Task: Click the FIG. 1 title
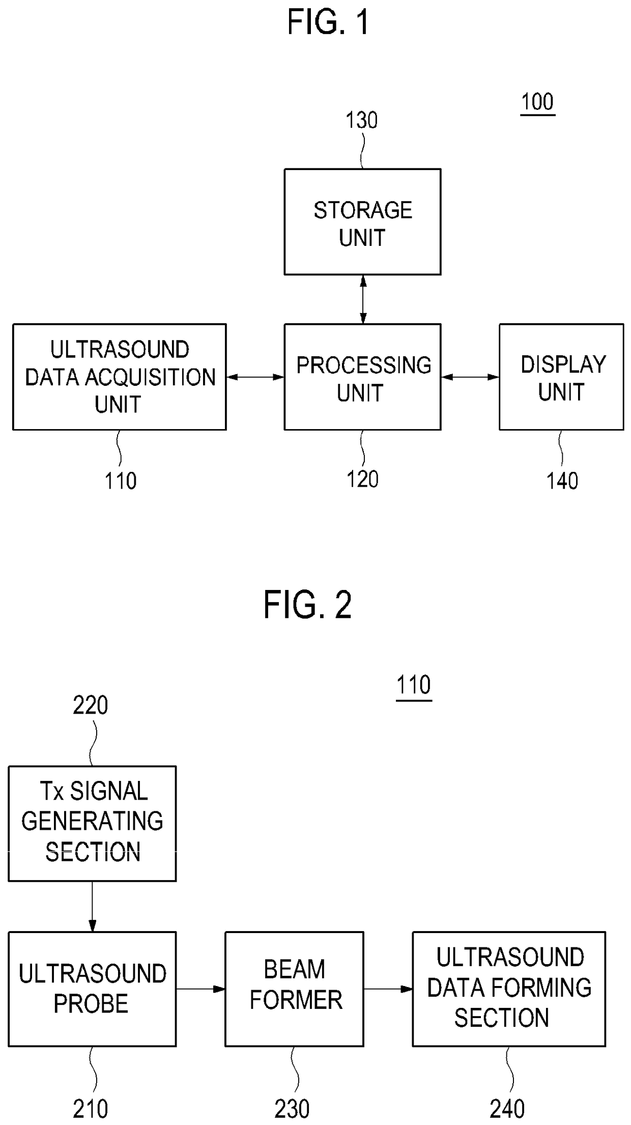(x=328, y=22)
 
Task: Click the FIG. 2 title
(x=307, y=605)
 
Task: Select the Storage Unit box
(x=362, y=222)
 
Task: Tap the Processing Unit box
(x=362, y=377)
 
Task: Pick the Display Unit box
(x=561, y=377)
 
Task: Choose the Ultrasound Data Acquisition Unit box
(x=120, y=377)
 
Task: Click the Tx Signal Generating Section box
(x=92, y=824)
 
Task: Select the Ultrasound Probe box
(x=92, y=989)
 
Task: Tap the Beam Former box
(x=295, y=989)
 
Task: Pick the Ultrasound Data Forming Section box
(x=509, y=989)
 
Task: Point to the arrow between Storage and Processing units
(x=363, y=299)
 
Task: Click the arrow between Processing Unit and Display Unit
(x=470, y=377)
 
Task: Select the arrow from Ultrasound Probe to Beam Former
(x=200, y=989)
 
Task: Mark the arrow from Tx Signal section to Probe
(x=92, y=906)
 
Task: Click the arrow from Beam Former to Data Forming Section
(x=388, y=989)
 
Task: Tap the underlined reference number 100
(x=537, y=103)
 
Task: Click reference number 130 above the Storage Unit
(x=361, y=121)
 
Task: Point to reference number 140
(x=562, y=481)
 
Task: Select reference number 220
(x=90, y=706)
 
